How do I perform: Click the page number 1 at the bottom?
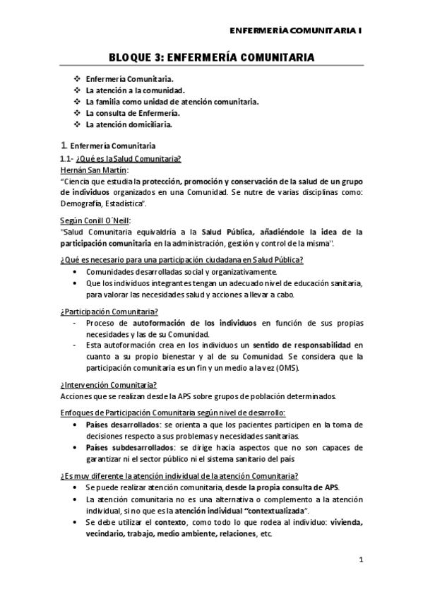click(361, 561)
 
